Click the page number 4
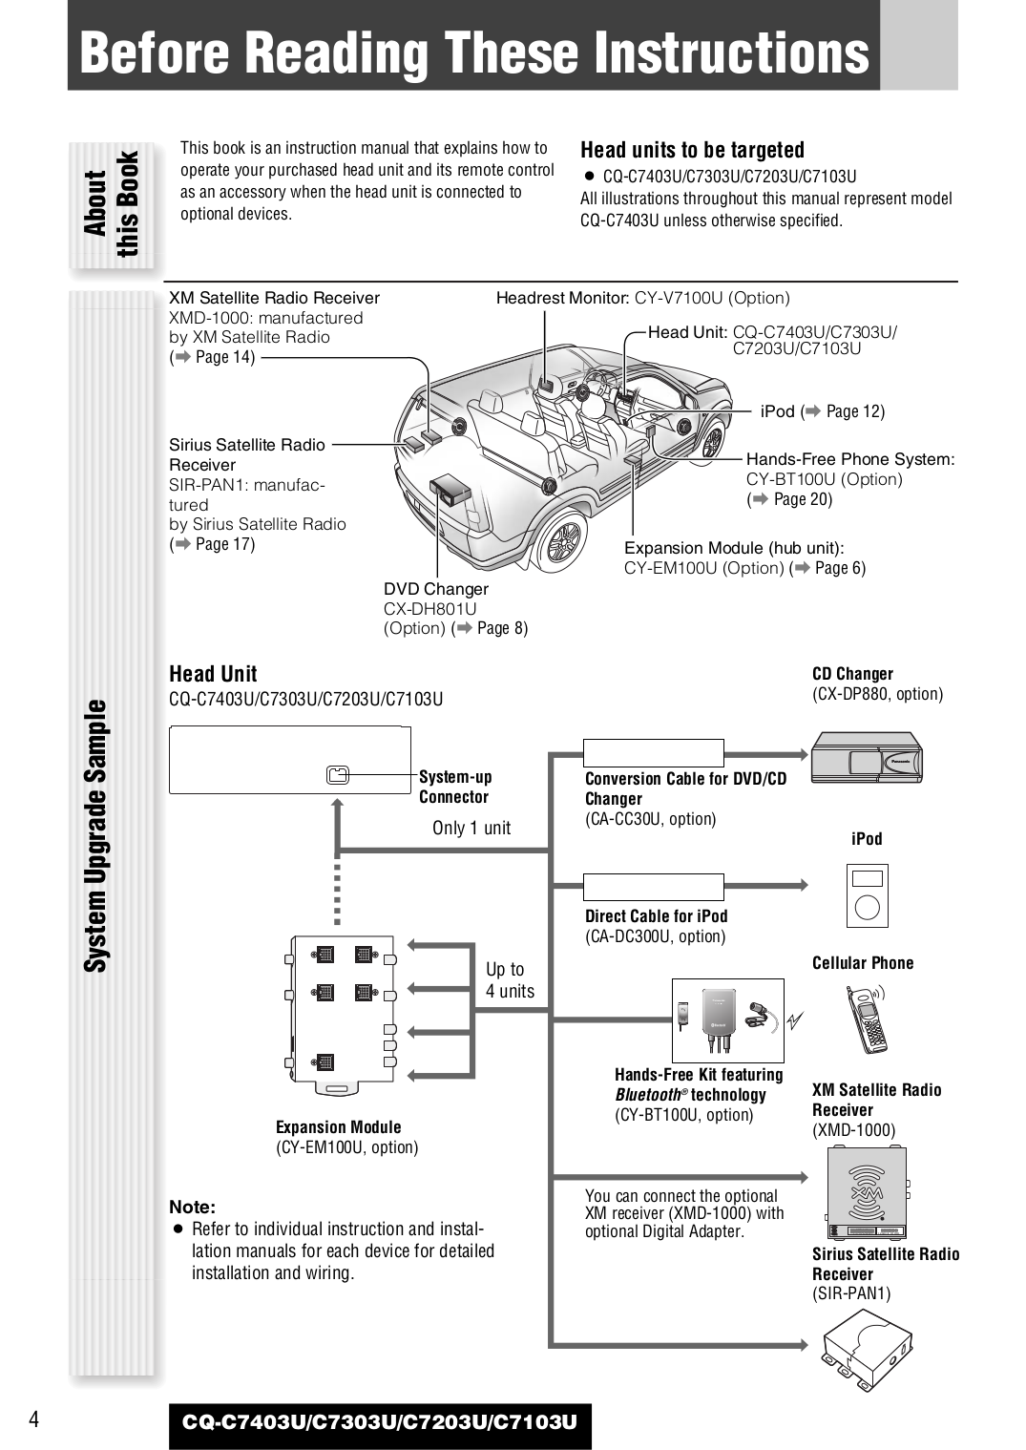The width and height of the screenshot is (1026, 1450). coord(34,1418)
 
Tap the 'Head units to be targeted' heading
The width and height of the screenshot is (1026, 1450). coord(692,150)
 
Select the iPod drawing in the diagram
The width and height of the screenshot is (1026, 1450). coord(867,895)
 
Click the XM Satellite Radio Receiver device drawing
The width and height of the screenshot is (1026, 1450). coord(867,1192)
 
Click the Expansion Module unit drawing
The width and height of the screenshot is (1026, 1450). coord(341,1015)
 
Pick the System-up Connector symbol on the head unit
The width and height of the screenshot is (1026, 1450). coord(337,774)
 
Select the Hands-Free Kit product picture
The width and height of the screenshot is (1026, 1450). coord(727,1019)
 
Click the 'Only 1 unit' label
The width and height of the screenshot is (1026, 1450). coord(471,828)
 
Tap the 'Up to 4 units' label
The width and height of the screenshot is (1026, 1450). coord(509,980)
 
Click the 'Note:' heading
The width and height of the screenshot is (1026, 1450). coord(193,1207)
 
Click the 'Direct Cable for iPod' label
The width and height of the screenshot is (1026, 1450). coord(656,916)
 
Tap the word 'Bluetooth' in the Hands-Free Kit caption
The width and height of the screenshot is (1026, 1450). coord(648,1095)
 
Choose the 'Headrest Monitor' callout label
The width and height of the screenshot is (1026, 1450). coord(562,298)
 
